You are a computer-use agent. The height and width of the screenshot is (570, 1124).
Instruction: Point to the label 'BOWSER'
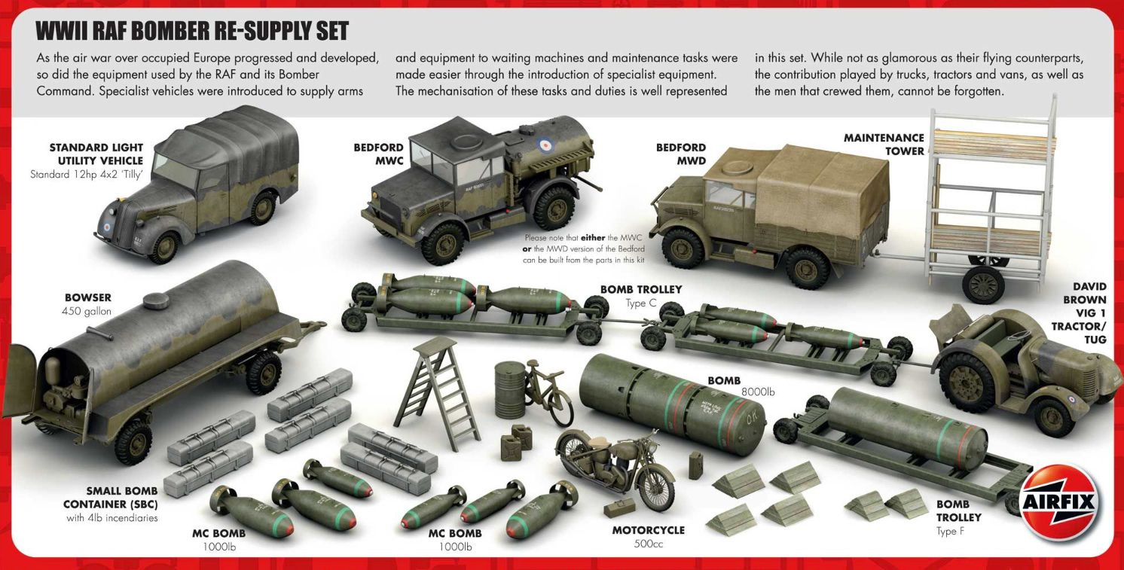[87, 298]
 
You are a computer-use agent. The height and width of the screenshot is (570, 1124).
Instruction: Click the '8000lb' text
[759, 392]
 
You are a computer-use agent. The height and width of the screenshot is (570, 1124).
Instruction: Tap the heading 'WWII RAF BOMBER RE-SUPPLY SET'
[192, 31]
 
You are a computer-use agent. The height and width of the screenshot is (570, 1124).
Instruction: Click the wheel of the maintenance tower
[983, 285]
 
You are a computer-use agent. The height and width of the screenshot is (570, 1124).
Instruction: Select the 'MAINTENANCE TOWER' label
[884, 144]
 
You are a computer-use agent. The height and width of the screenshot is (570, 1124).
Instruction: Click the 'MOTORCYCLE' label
[648, 530]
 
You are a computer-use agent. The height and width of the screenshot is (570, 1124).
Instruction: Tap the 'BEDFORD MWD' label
[680, 154]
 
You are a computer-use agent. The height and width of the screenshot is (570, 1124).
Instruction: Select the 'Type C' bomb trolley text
[641, 303]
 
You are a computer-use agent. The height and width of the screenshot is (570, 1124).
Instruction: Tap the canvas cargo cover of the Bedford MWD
[821, 188]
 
